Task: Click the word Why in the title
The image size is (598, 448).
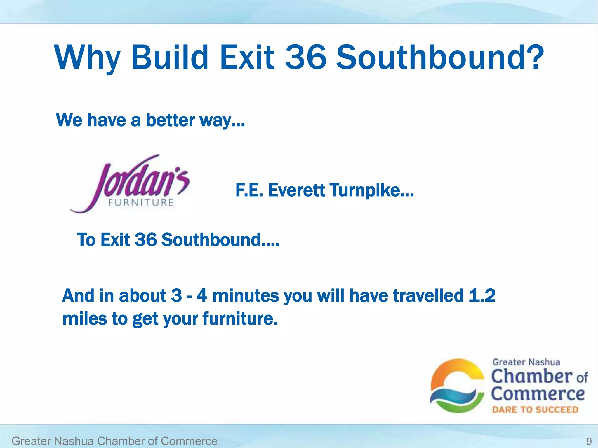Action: click(88, 57)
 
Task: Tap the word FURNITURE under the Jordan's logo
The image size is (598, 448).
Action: click(141, 203)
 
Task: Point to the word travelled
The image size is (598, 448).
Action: click(428, 295)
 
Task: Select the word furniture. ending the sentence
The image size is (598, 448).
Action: click(240, 318)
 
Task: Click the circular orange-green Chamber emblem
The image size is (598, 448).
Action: click(457, 386)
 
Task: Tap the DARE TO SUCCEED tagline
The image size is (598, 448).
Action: click(535, 410)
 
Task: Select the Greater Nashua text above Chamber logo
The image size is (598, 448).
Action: click(526, 362)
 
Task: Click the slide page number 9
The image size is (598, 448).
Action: click(589, 441)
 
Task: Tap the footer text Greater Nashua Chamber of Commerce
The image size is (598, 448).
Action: click(114, 441)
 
